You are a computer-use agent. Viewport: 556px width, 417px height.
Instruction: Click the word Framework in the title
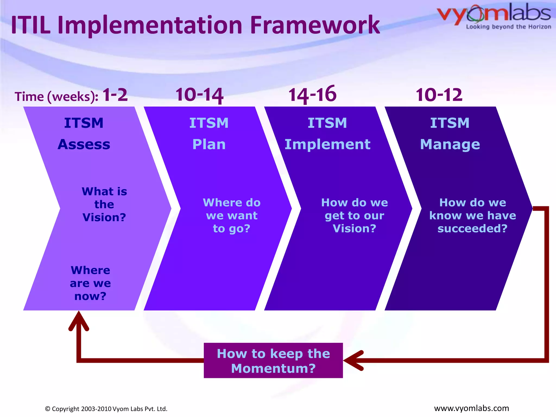[x=315, y=25]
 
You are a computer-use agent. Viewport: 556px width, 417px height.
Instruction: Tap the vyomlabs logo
[x=494, y=14]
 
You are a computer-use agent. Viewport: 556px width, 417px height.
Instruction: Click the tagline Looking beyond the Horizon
[x=508, y=27]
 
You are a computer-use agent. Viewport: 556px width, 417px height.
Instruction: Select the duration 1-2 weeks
[x=115, y=95]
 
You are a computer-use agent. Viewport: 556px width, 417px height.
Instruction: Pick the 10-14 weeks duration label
[x=199, y=95]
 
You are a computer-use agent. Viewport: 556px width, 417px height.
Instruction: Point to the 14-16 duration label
[x=312, y=94]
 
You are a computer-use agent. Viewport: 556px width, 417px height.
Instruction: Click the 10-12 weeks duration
[x=439, y=95]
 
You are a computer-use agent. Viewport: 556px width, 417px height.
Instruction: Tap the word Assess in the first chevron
[x=84, y=144]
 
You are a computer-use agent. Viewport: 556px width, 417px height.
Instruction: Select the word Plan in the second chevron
[x=209, y=144]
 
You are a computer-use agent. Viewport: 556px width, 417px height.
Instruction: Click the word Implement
[x=327, y=144]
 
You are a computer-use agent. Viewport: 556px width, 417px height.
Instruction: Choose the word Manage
[x=450, y=144]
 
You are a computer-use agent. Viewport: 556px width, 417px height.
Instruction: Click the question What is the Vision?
[x=104, y=204]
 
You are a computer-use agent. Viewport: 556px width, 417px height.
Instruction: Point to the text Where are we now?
[x=90, y=283]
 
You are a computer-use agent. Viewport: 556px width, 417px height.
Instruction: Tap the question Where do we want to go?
[x=232, y=215]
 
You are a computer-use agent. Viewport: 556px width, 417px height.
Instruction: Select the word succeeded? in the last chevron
[x=472, y=228]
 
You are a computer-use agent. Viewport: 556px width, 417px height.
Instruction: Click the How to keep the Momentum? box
[x=273, y=361]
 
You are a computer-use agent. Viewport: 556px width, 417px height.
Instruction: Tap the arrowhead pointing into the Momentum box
[x=353, y=361]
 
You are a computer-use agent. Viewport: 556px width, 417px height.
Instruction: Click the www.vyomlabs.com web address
[x=471, y=408]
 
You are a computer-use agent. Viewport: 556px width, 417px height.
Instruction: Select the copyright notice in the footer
[x=106, y=409]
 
